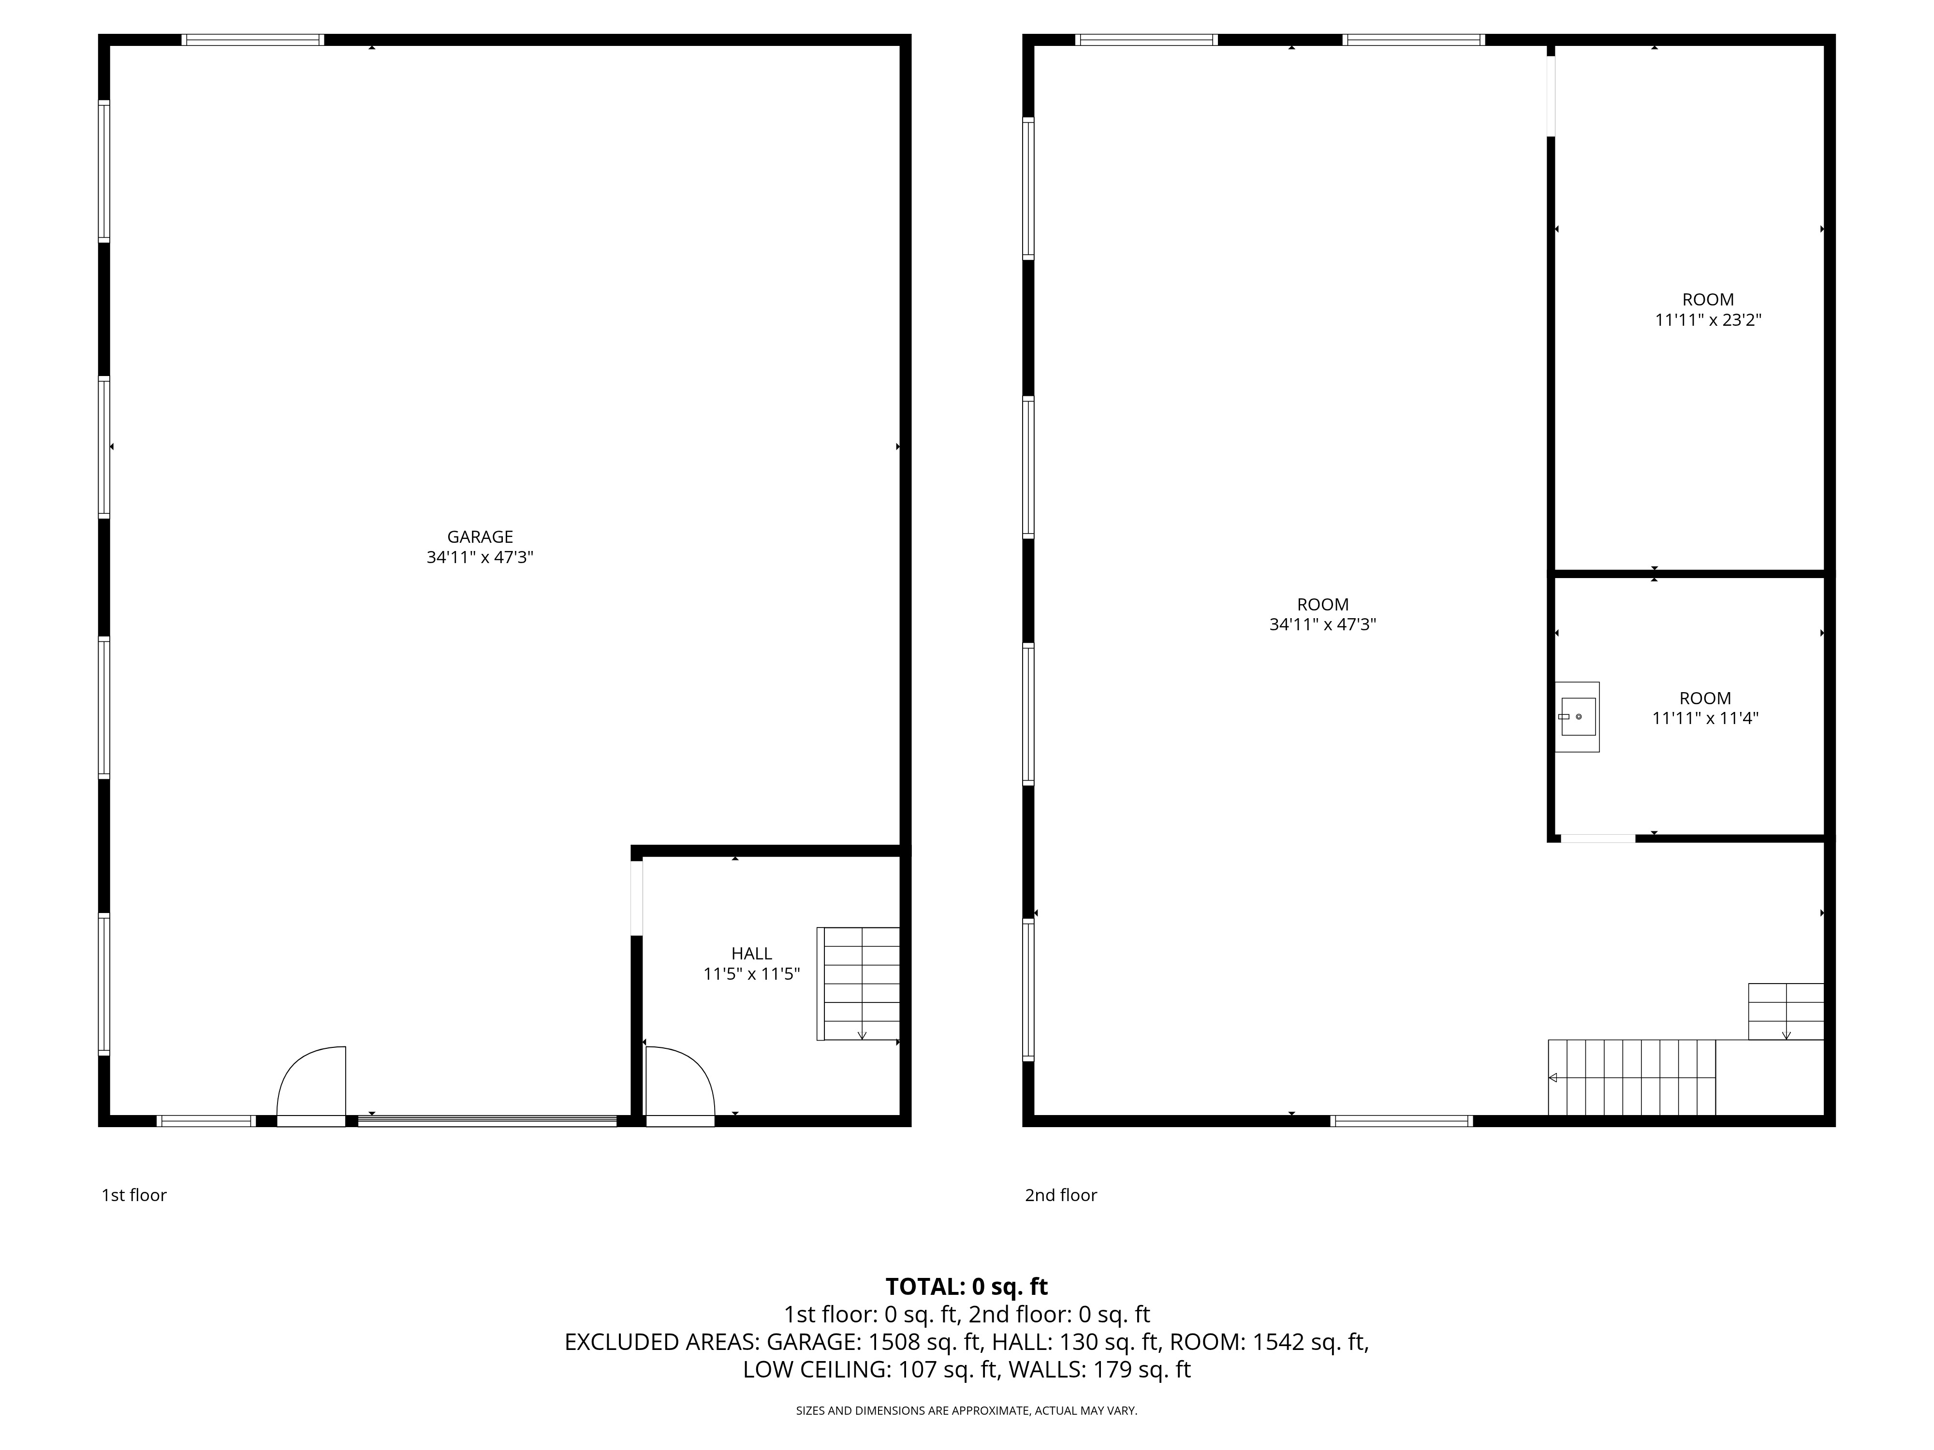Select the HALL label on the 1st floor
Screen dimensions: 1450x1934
tap(751, 954)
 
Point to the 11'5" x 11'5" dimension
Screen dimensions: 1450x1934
tap(751, 973)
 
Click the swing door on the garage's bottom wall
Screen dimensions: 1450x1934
tap(312, 1084)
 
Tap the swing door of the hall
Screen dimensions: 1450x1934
tap(679, 1084)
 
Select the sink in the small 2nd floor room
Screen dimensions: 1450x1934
tap(1577, 717)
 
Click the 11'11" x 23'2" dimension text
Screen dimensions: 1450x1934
tap(1708, 320)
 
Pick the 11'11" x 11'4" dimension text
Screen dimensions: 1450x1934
tap(1705, 718)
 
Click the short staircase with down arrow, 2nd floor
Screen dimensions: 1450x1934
tap(1786, 1011)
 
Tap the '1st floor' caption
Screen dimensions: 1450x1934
tap(134, 1195)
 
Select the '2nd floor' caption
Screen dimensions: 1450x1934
tap(1060, 1195)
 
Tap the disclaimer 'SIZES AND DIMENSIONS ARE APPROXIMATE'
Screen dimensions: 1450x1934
tap(966, 1411)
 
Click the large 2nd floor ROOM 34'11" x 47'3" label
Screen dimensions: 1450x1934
tap(1322, 614)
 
